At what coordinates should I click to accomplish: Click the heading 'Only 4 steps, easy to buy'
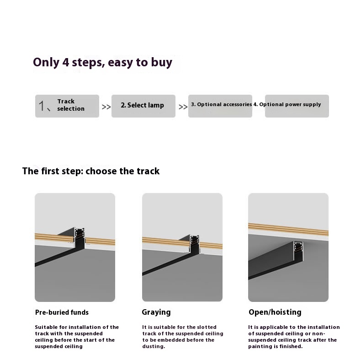[103, 62]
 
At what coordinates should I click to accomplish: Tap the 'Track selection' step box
[67, 106]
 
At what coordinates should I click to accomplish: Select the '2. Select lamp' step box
[143, 106]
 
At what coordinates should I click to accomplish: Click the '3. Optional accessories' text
[221, 104]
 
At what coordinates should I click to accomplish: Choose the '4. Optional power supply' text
[287, 104]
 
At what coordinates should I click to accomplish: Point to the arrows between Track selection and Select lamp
[106, 107]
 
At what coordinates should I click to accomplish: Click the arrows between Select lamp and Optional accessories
[183, 107]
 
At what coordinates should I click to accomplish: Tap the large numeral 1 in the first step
[42, 106]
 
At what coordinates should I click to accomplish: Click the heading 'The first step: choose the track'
[91, 171]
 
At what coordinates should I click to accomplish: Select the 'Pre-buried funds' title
[62, 312]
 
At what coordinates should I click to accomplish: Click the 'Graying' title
[156, 312]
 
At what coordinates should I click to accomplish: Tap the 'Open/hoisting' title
[275, 312]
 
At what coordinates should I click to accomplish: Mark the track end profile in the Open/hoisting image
[298, 251]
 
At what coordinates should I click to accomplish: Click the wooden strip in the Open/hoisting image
[288, 230]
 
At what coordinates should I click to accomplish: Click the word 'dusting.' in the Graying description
[154, 346]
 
